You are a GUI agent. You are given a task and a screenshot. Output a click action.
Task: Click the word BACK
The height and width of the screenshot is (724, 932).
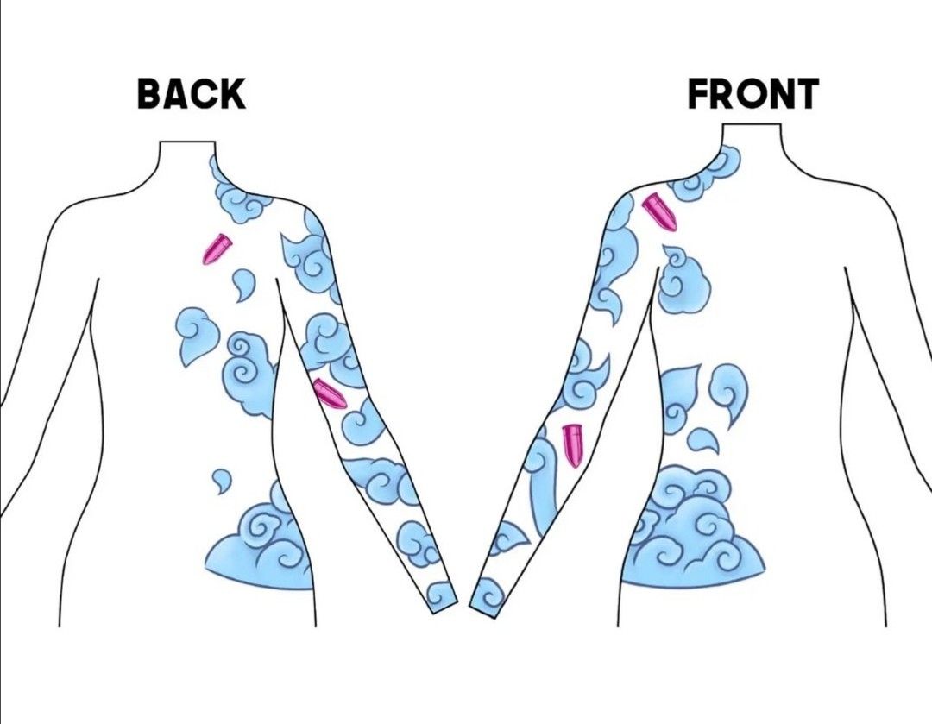click(x=192, y=94)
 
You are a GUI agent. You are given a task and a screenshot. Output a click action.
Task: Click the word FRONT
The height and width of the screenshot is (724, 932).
click(x=753, y=94)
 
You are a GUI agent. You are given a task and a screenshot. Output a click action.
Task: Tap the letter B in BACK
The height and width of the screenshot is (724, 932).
click(x=150, y=94)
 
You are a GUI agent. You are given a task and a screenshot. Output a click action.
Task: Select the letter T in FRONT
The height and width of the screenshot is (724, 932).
click(x=805, y=94)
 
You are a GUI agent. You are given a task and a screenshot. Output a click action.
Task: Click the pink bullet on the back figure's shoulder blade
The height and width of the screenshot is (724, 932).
click(x=217, y=249)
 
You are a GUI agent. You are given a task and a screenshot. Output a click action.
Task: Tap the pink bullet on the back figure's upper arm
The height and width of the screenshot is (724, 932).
click(x=330, y=393)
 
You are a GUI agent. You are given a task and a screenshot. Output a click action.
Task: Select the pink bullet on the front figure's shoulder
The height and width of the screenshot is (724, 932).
click(x=659, y=212)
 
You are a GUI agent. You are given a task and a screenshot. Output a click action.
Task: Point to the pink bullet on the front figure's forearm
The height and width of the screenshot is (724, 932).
click(x=572, y=446)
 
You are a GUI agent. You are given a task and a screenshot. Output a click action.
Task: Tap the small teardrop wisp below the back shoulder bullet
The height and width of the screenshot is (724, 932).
click(x=242, y=284)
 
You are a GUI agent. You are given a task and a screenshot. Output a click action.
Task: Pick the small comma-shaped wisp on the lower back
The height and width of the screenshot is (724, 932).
click(x=222, y=481)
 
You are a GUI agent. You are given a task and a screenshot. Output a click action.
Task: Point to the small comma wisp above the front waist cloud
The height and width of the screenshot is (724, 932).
click(x=702, y=441)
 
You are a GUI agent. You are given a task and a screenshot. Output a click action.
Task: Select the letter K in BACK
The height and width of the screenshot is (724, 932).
click(x=233, y=94)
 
